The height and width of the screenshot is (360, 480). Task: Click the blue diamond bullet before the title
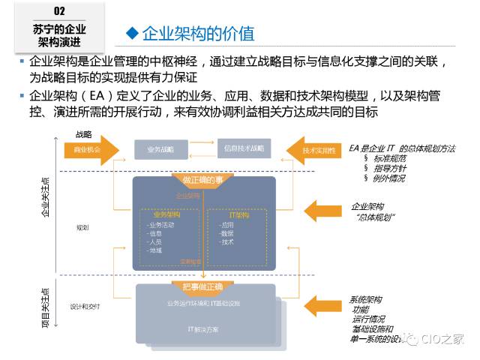click(132, 32)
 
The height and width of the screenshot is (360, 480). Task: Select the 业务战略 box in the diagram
click(160, 149)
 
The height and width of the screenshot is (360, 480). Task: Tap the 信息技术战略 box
click(244, 148)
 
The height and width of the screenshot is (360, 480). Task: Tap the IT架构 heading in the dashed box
click(238, 215)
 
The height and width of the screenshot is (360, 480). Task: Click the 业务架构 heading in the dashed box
click(166, 215)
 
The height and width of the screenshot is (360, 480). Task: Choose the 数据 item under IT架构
click(227, 233)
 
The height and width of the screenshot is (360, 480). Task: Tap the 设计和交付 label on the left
click(85, 306)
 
